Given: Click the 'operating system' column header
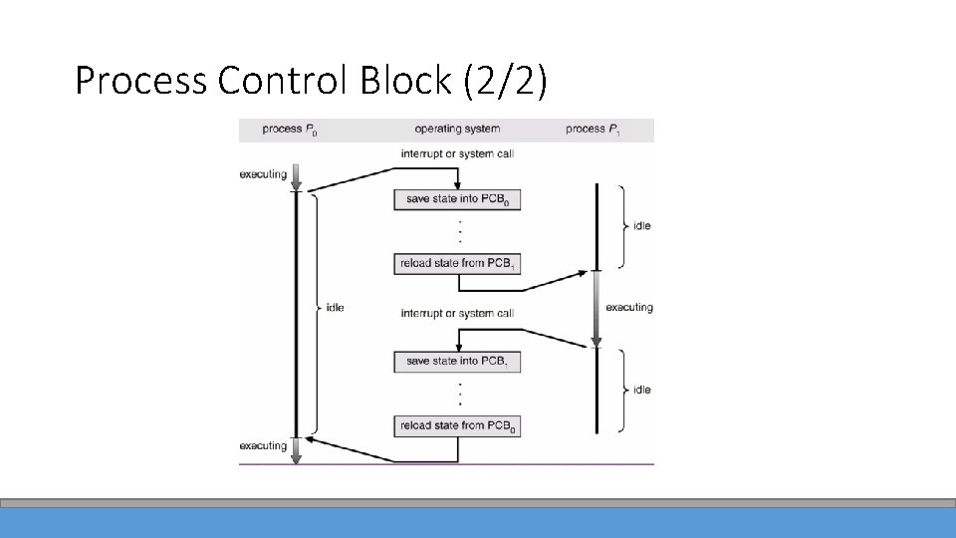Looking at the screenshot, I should pyautogui.click(x=457, y=130).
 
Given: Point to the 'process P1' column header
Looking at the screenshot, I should pyautogui.click(x=592, y=130).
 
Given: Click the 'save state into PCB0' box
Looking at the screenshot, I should pyautogui.click(x=457, y=199).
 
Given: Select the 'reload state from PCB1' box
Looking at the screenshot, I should pyautogui.click(x=457, y=264).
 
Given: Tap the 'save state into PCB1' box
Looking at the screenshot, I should pyautogui.click(x=457, y=362).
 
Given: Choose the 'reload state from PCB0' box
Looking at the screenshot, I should pyautogui.click(x=457, y=426).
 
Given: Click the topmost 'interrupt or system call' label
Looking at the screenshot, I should pyautogui.click(x=457, y=154).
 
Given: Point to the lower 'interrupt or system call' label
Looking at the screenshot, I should pyautogui.click(x=457, y=314).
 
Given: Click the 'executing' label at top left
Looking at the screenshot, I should pyautogui.click(x=263, y=174).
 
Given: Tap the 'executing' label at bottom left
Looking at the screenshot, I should pyautogui.click(x=263, y=445).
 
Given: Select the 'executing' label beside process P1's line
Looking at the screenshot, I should pyautogui.click(x=629, y=308).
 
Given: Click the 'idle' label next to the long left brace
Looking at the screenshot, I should pyautogui.click(x=335, y=308).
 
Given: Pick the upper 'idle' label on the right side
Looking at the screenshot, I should pyautogui.click(x=642, y=226).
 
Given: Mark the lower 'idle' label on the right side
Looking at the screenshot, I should pyautogui.click(x=642, y=390).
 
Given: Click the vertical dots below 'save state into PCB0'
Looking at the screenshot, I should pyautogui.click(x=458, y=231).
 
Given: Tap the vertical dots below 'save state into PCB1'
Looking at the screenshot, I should pyautogui.click(x=458, y=394).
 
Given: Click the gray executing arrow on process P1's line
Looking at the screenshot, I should pyautogui.click(x=596, y=308).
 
